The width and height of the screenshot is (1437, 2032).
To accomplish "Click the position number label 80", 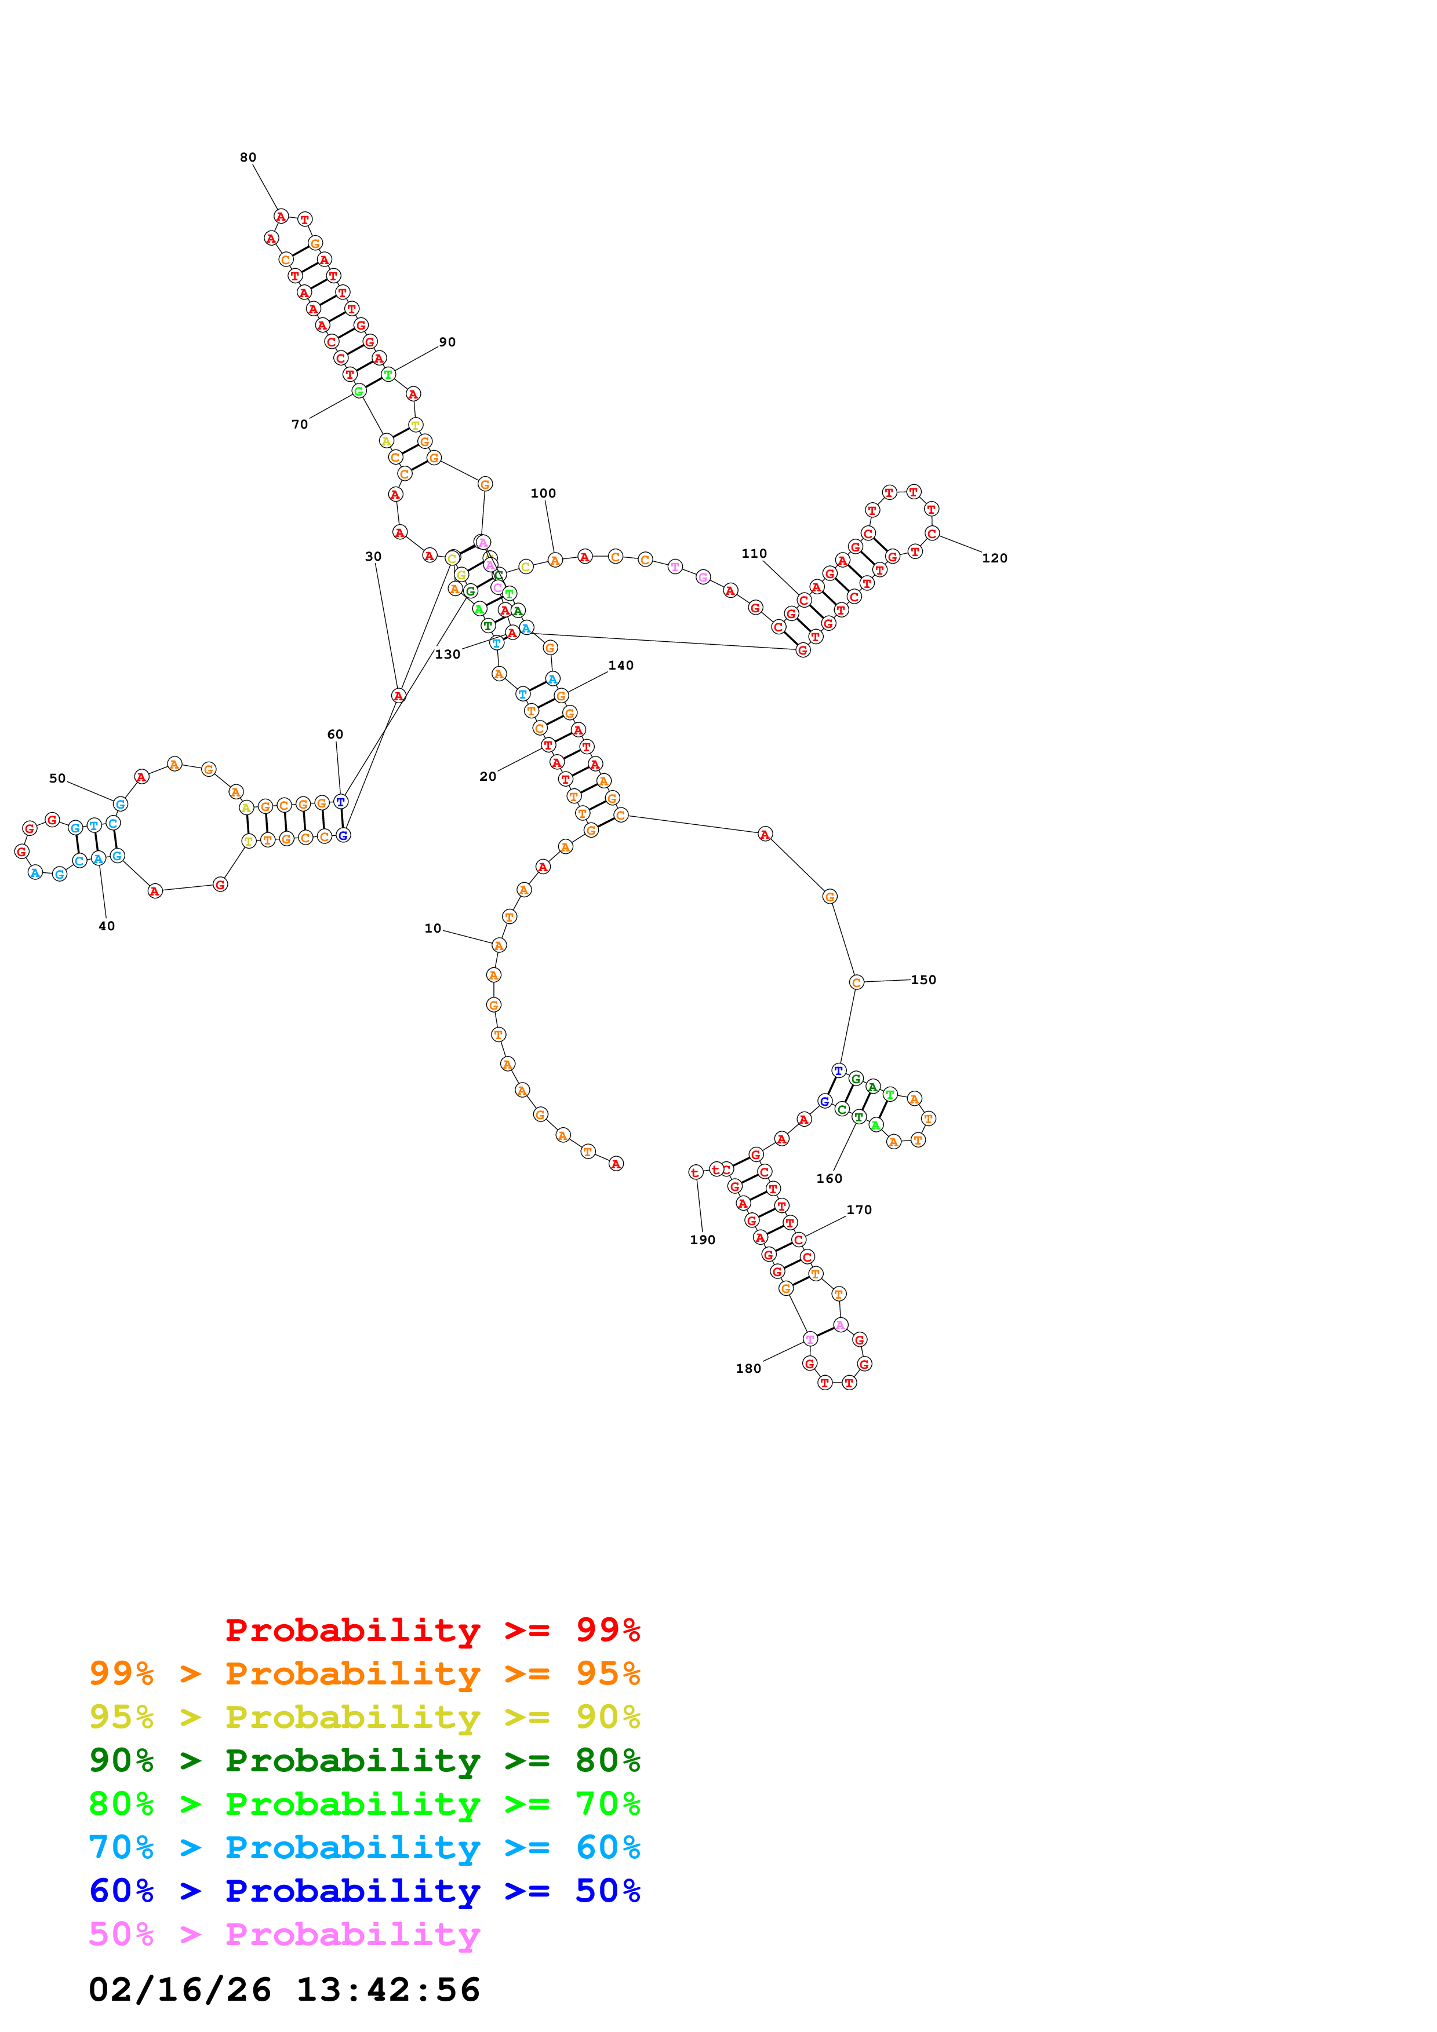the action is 248,158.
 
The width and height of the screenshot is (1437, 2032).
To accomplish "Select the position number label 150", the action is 923,980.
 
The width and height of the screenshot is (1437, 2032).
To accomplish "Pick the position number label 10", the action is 432,929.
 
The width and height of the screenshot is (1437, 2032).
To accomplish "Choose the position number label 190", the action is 702,1240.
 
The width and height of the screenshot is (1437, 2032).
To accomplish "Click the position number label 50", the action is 57,779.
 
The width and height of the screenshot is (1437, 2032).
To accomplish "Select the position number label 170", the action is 859,1210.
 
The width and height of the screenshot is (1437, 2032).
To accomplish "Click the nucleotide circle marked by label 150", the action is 856,982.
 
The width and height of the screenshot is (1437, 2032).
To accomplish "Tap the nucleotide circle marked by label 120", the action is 932,533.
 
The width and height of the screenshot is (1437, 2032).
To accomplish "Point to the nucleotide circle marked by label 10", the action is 499,945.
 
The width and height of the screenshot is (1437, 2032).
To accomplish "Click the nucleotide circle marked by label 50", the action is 121,803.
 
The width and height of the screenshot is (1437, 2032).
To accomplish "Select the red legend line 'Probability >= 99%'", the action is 432,1630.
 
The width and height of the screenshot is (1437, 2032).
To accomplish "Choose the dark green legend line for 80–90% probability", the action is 365,1760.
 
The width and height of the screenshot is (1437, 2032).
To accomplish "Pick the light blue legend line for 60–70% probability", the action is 365,1847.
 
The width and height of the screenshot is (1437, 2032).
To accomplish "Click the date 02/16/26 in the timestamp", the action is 180,1990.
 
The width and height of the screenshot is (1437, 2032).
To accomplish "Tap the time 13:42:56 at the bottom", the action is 388,1990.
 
